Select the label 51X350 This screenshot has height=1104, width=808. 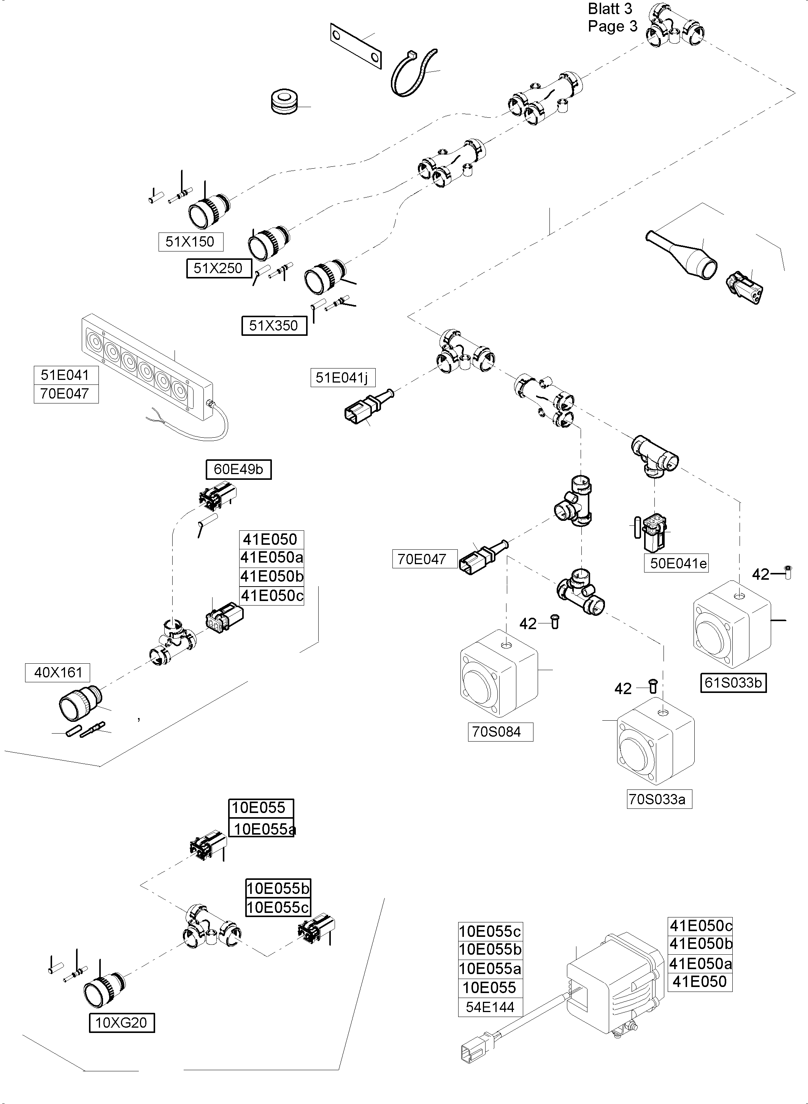click(274, 326)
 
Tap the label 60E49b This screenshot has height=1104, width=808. click(238, 469)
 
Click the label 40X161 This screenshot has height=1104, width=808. click(58, 672)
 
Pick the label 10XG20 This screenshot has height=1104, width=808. click(121, 1022)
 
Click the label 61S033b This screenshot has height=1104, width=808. click(733, 682)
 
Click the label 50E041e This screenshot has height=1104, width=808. click(678, 563)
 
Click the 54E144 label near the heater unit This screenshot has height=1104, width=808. click(490, 1007)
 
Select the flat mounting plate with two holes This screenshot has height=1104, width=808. click(355, 46)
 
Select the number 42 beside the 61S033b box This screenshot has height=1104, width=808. click(760, 574)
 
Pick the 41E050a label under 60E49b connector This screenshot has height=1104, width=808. click(271, 557)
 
